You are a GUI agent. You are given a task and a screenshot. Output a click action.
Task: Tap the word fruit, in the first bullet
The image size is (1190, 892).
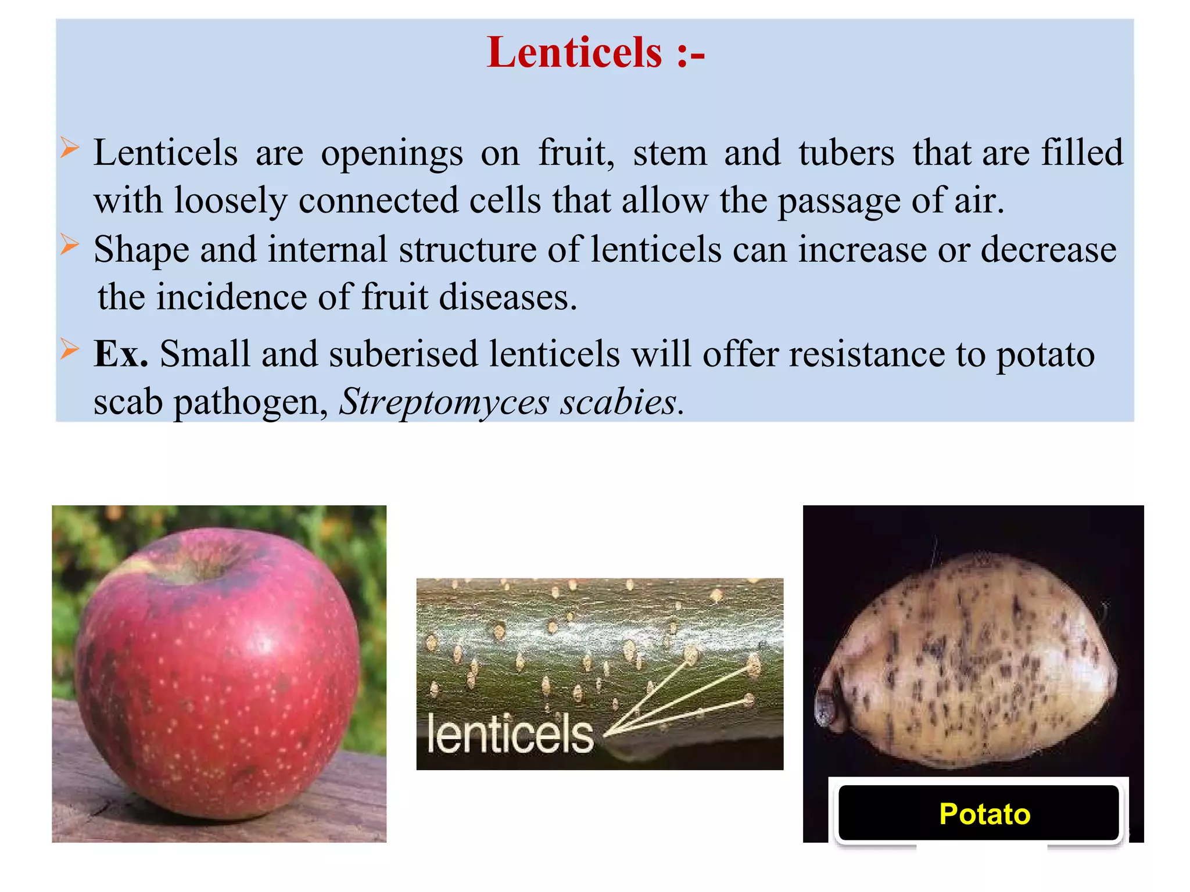pyautogui.click(x=576, y=153)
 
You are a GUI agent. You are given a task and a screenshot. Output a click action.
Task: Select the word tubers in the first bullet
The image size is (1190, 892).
pyautogui.click(x=846, y=153)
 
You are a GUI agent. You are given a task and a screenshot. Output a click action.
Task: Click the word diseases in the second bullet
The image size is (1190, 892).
pyautogui.click(x=507, y=297)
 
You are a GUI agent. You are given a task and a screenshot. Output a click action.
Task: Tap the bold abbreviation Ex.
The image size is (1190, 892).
pyautogui.click(x=120, y=354)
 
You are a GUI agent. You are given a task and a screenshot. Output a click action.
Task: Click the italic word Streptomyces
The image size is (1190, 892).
pyautogui.click(x=444, y=402)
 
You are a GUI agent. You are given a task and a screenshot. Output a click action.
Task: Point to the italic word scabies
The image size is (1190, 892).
pyautogui.click(x=621, y=402)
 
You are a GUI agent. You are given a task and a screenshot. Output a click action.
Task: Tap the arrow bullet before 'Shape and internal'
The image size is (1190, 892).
pyautogui.click(x=69, y=244)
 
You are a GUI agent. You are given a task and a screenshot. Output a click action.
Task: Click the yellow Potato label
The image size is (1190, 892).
pyautogui.click(x=984, y=814)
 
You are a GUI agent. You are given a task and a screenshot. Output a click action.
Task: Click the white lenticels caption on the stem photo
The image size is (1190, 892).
pyautogui.click(x=510, y=734)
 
